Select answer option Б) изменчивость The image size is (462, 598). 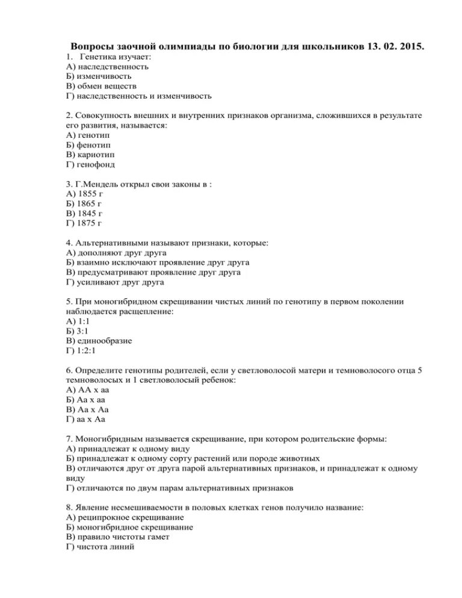pos(99,76)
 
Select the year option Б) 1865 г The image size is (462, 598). pos(84,204)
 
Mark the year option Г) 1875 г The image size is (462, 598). pos(84,223)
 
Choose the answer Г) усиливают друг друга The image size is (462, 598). pos(115,282)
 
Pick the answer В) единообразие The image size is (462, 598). pos(99,341)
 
